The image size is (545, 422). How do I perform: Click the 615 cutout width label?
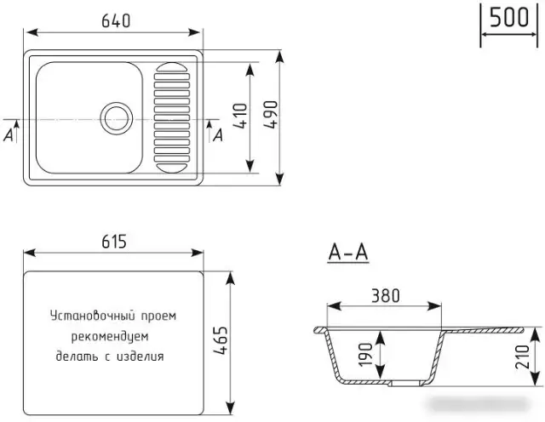(x=112, y=242)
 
